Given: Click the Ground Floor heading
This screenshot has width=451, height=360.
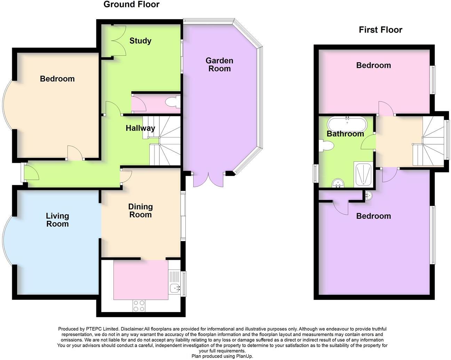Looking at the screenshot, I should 131,5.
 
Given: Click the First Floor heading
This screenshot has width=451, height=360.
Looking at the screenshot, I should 380,30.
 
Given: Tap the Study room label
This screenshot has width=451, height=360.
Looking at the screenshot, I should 140,41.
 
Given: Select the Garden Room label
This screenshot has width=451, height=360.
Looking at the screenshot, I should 219,65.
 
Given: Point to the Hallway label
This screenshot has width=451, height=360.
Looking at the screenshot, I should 140,128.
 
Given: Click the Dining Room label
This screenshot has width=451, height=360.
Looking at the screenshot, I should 140,210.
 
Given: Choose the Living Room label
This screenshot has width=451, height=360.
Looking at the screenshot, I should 57,220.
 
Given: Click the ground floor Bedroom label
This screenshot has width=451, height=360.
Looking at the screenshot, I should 57,79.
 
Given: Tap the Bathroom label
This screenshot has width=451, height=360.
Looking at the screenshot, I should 345,134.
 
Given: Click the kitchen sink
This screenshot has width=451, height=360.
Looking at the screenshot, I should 174,288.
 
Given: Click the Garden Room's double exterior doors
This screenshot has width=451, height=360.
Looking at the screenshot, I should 208,179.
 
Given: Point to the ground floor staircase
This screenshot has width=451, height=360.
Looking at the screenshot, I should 165,141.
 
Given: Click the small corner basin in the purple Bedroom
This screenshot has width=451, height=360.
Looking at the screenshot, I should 369,196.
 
